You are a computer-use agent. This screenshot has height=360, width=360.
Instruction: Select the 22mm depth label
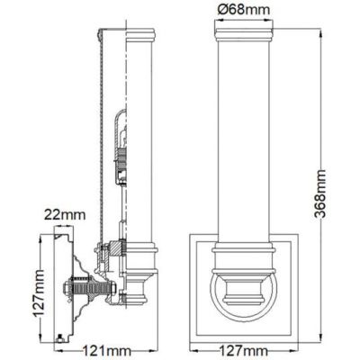click(x=63, y=215)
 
